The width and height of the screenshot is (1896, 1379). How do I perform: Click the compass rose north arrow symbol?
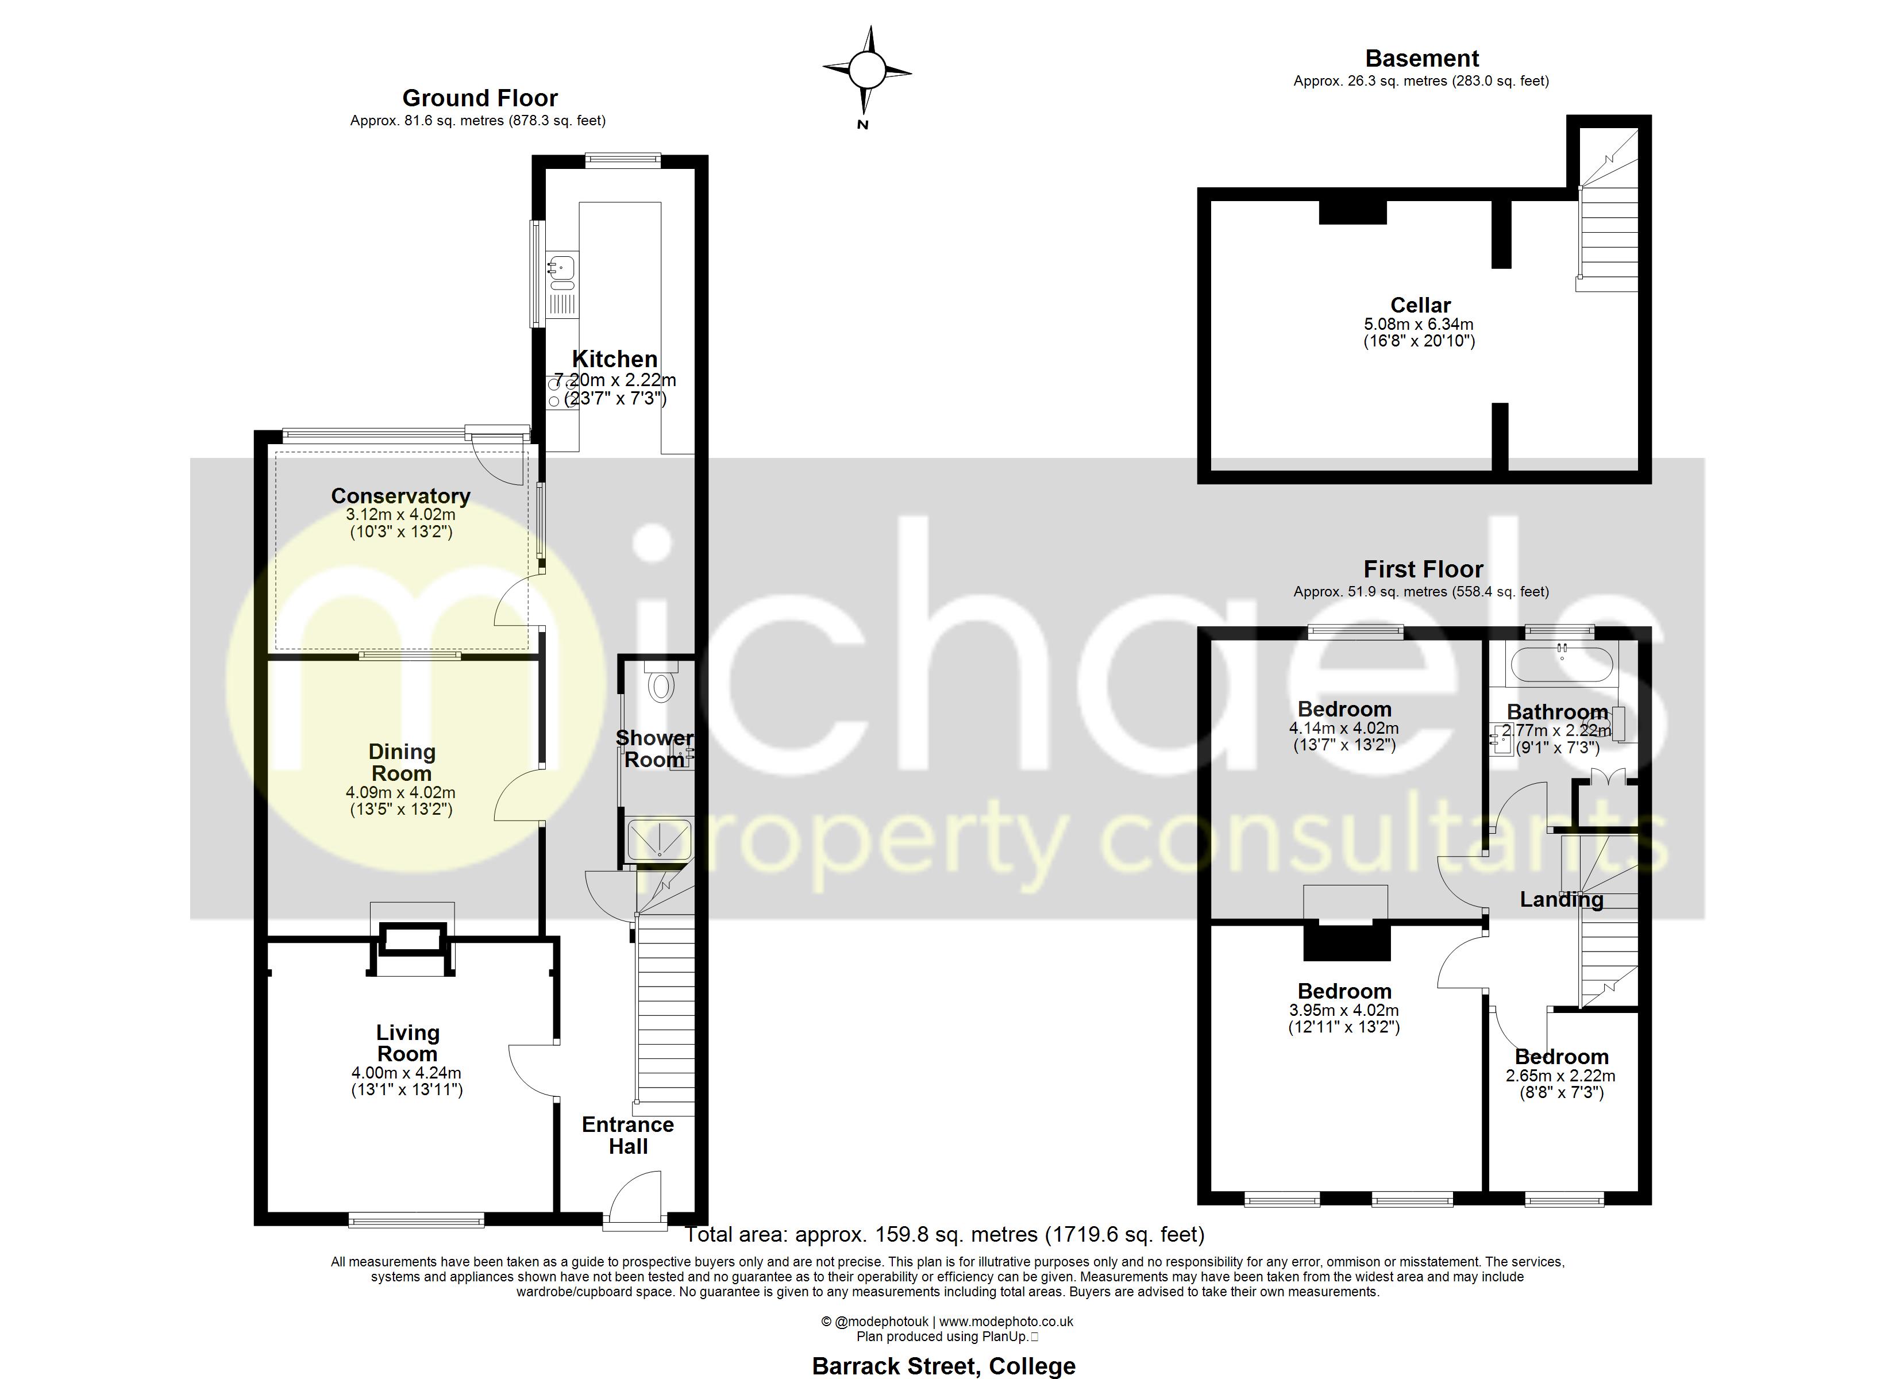coord(867,70)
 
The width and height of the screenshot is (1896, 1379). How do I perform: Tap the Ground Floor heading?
coord(480,99)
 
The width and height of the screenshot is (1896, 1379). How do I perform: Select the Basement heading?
coord(1421,59)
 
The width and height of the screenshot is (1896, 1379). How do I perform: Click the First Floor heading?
coord(1423,569)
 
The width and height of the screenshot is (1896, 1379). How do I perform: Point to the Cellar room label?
coord(1420,305)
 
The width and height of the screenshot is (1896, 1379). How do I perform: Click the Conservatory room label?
coord(400,496)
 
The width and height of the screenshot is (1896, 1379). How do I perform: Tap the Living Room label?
coord(407,1043)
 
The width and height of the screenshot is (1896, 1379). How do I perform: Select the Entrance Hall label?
coord(628,1135)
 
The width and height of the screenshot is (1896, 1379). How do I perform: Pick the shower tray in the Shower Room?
coord(660,839)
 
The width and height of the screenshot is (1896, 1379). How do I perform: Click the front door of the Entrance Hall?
coord(637,1197)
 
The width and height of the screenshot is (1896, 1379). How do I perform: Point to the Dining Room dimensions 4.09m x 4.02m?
coord(400,792)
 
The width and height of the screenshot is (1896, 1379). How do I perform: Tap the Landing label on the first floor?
coord(1561,900)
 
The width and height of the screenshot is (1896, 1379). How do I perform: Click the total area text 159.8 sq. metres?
coord(945,1234)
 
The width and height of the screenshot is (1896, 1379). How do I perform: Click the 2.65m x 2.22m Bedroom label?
coord(1561,1076)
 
